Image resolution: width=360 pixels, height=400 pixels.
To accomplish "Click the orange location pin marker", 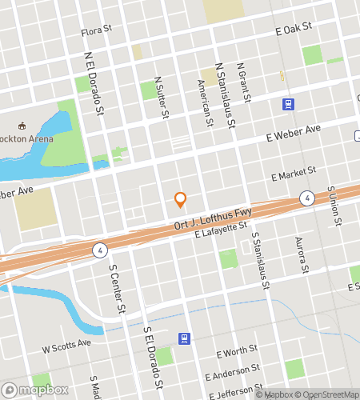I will tap(180, 199).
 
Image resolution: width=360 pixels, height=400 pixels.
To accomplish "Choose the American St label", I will tap(206, 102).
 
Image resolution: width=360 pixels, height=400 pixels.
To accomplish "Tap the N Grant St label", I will tap(243, 84).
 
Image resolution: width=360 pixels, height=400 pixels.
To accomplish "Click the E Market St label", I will tap(294, 173).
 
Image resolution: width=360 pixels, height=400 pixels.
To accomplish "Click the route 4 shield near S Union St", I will tap(306, 198).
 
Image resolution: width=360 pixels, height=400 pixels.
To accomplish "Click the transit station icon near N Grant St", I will tap(286, 104).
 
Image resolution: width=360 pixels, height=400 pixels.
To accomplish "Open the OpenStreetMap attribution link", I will tap(326, 394).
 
